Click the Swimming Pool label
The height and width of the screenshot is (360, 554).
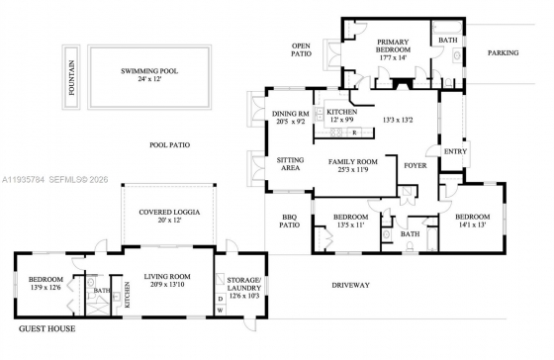[149, 71]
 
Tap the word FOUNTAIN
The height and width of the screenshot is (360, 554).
[71, 78]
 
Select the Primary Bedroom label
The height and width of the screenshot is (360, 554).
[393, 45]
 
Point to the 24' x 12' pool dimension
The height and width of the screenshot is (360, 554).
[149, 79]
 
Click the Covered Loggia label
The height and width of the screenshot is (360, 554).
[169, 213]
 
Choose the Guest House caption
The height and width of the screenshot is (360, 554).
[47, 329]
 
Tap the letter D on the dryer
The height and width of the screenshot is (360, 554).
[221, 299]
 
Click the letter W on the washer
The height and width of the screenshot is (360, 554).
[220, 311]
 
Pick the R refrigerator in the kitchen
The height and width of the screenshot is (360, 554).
[354, 133]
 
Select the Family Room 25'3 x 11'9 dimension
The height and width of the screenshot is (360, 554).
[352, 169]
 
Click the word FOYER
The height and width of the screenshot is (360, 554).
[415, 165]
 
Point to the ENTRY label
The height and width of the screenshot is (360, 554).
[455, 151]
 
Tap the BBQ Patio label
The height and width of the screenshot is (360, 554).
[289, 221]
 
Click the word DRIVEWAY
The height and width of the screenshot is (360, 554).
[351, 285]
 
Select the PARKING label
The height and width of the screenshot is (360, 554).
[504, 53]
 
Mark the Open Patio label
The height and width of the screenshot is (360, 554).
[302, 49]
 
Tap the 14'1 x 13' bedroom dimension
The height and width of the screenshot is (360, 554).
[473, 225]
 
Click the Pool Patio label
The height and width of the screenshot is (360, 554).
[169, 144]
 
